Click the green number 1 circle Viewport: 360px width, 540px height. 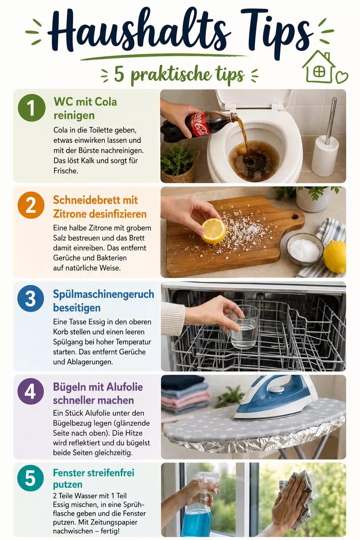point(32,108)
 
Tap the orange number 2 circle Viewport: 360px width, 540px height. point(31,205)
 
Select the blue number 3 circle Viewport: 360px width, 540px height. point(31,298)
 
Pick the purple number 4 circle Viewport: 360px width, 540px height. point(31,391)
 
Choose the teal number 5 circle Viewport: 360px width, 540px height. point(31,478)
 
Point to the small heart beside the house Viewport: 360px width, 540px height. point(342,77)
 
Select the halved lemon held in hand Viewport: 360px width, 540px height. point(214,231)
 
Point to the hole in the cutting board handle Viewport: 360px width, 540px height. point(295,216)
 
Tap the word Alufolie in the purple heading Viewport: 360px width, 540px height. point(124,387)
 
